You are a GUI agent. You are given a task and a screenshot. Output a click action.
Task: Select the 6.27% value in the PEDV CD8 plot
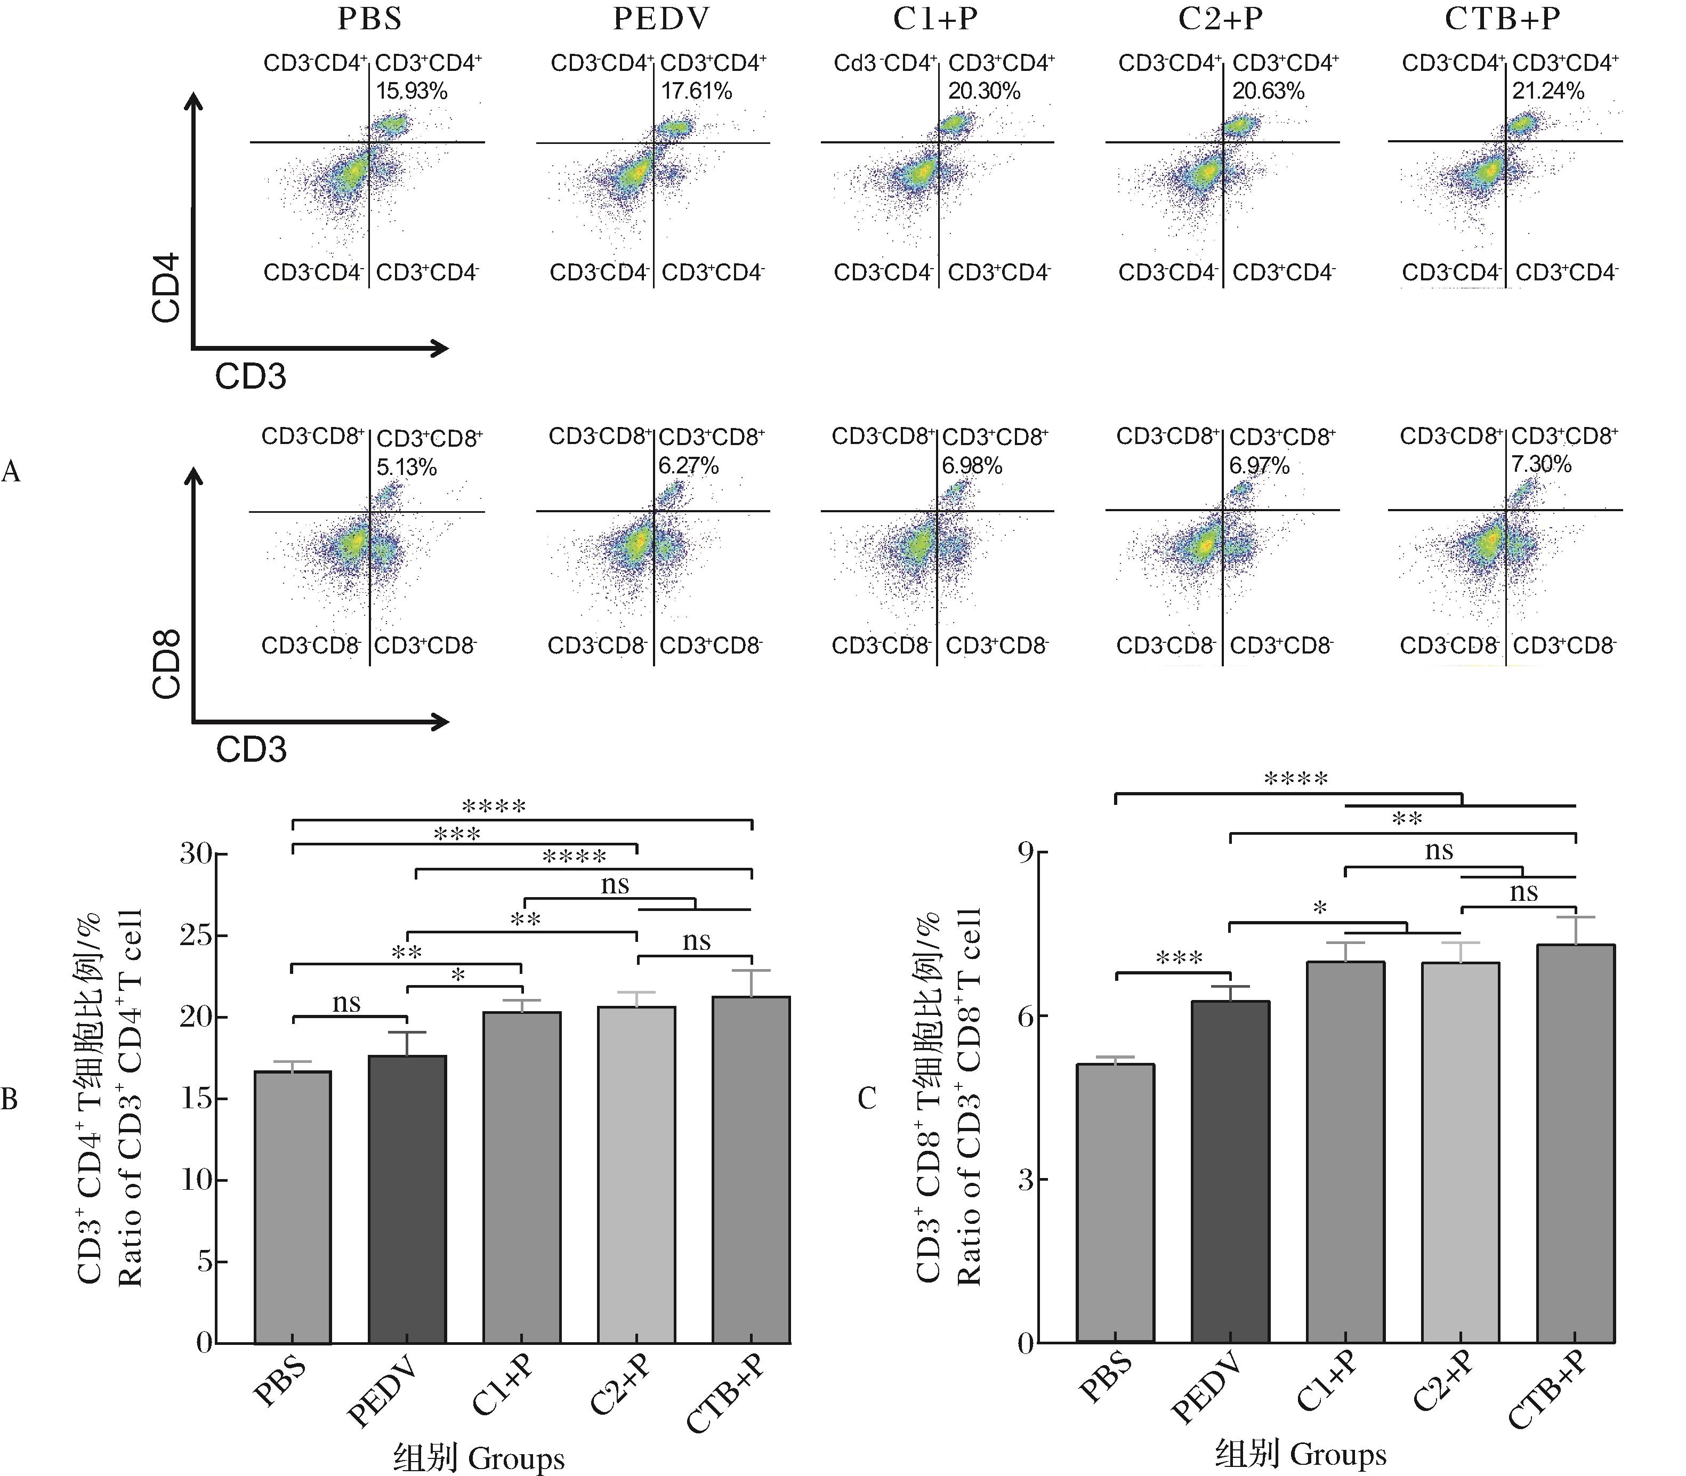688,466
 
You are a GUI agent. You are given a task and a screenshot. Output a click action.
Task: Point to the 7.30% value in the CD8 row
1541,464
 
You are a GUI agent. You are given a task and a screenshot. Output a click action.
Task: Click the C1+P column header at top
935,18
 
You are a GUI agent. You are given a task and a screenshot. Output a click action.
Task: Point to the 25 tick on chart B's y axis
196,937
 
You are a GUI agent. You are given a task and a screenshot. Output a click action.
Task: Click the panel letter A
11,471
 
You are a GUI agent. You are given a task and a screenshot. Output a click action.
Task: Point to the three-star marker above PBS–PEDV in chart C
1180,958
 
